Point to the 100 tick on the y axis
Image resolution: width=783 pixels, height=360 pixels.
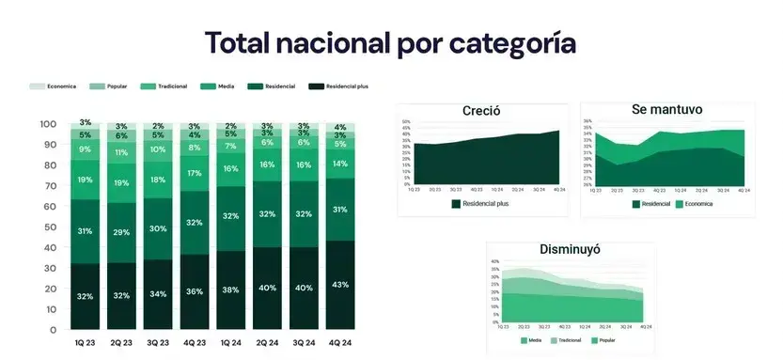(49, 124)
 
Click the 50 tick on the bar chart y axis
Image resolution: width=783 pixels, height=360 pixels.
(49, 227)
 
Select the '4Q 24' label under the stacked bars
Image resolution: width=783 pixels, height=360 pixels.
(339, 343)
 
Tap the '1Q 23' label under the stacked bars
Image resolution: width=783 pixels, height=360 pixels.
(86, 343)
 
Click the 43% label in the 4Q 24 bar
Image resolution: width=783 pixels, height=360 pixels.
(339, 285)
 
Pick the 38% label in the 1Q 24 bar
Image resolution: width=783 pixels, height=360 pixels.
(230, 290)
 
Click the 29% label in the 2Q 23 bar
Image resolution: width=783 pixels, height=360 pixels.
(122, 232)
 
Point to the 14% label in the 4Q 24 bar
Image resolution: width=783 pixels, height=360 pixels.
(339, 164)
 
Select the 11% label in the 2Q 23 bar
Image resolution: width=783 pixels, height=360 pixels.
(122, 152)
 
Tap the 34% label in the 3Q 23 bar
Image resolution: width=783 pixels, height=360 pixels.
(158, 293)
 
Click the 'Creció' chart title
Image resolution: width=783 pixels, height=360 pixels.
(480, 111)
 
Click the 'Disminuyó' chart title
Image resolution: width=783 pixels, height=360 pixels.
(570, 249)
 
